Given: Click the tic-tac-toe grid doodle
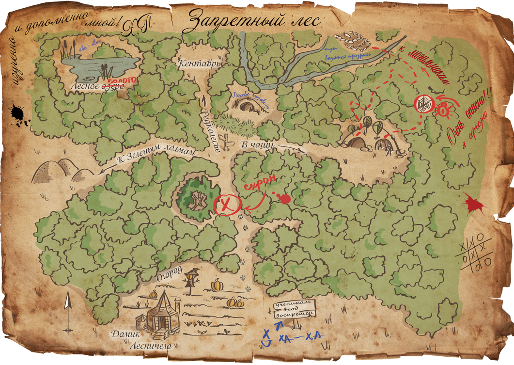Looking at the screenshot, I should pyautogui.click(x=475, y=251).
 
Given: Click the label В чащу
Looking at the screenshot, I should pyautogui.click(x=258, y=144).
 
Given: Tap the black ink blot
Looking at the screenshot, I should pyautogui.click(x=19, y=115).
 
